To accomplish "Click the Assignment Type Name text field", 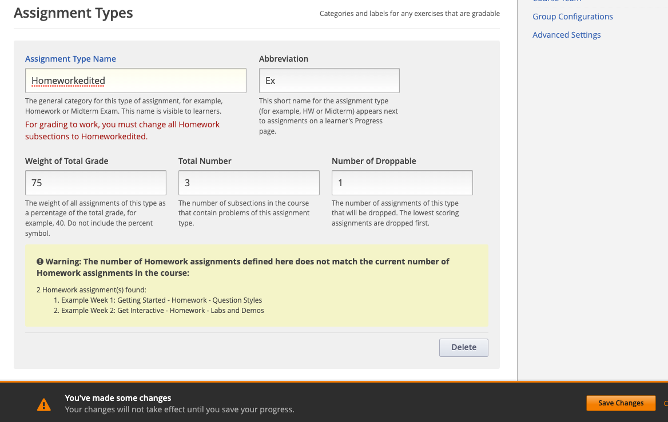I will (136, 81).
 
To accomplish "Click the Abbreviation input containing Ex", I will (329, 81).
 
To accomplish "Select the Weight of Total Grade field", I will (96, 183).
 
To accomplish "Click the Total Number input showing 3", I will (249, 183).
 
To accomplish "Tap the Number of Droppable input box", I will (402, 183).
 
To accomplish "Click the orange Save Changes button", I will (621, 403).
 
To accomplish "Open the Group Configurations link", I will (572, 17).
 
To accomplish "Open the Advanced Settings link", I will (566, 35).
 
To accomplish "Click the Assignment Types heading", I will (73, 13).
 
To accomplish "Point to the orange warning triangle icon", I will (44, 404).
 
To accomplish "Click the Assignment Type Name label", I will (70, 59).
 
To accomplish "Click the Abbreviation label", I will (283, 59).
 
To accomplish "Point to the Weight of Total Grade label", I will (66, 161).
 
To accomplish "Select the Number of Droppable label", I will (373, 161).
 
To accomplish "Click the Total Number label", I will (205, 161).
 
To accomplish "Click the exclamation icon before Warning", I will (40, 262).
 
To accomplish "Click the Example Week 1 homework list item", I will (161, 300).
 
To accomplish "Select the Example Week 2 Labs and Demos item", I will (162, 311).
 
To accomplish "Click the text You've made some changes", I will (118, 398).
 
